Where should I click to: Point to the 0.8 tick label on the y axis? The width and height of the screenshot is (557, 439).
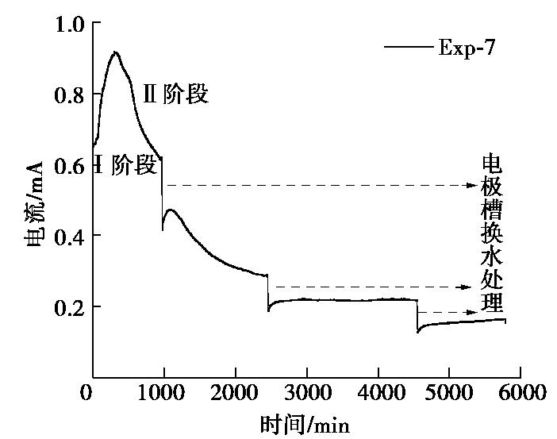(67, 95)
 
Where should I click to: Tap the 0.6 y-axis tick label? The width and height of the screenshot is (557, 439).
(67, 166)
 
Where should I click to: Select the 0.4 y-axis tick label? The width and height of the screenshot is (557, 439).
(67, 236)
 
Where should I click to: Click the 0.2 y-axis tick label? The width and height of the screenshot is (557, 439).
(67, 306)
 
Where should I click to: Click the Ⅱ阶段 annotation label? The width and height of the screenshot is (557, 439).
(175, 94)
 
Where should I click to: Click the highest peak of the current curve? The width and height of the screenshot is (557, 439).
(116, 52)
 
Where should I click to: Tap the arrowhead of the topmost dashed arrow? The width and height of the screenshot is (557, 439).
(473, 186)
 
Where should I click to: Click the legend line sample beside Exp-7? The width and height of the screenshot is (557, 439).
(409, 48)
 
